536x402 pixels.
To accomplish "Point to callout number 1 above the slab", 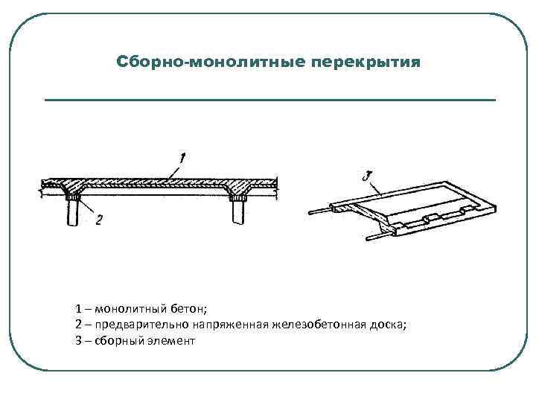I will point(182,157).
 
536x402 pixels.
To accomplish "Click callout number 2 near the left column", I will point(98,220).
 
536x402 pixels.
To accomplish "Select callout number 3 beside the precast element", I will point(366,176).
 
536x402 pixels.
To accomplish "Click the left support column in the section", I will point(74,214).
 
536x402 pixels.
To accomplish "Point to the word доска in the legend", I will point(390,325).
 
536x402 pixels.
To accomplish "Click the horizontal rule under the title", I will point(269,100).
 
